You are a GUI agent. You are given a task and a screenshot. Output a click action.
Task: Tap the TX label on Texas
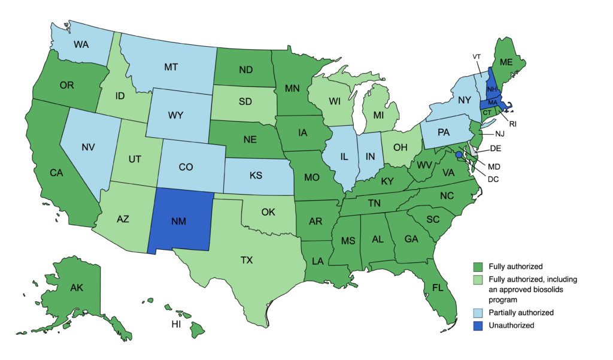click(x=247, y=261)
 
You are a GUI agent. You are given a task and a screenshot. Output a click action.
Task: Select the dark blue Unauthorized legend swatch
click(x=478, y=325)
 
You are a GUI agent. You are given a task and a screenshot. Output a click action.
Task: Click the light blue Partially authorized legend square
click(x=478, y=313)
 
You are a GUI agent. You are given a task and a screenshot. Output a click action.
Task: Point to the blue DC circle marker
click(x=459, y=155)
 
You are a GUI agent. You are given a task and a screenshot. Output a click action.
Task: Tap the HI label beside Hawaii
click(x=176, y=325)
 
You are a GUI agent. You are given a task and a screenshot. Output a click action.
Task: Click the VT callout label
click(x=477, y=56)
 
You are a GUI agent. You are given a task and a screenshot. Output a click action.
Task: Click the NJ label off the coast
click(x=500, y=135)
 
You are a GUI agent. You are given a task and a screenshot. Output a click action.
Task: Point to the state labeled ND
click(x=244, y=69)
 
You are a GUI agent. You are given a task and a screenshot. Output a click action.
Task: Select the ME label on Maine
click(x=506, y=62)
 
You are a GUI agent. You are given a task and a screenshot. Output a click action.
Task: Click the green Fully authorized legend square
click(x=478, y=266)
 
